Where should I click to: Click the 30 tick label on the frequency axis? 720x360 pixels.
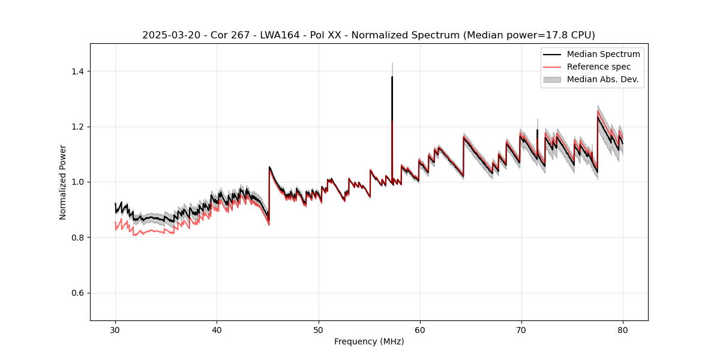(x=115, y=329)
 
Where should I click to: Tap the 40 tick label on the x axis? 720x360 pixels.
(x=217, y=329)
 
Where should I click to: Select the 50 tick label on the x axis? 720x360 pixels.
(x=318, y=329)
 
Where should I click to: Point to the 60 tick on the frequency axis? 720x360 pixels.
(x=419, y=329)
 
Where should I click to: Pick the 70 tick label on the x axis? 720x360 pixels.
(x=521, y=329)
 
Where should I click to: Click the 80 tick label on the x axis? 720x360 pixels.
(x=622, y=329)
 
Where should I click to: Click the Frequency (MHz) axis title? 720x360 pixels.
(x=369, y=341)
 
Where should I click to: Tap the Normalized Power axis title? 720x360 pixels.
(x=63, y=182)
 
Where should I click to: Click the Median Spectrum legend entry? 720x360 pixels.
(x=603, y=54)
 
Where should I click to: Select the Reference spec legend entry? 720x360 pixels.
(x=599, y=67)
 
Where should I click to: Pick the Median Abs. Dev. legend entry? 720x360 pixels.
(x=602, y=79)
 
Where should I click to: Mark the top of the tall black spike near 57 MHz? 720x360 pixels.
(x=392, y=77)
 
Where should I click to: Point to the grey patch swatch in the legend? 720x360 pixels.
(x=552, y=79)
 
